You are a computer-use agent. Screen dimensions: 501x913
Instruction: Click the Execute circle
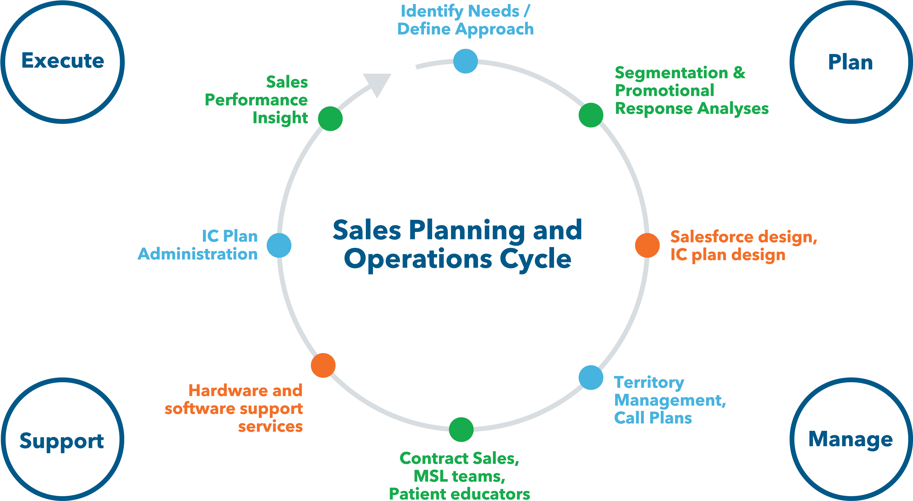[x=63, y=62]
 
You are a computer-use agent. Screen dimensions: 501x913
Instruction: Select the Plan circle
[x=851, y=62]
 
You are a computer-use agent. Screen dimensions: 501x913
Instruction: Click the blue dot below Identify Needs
[x=465, y=61]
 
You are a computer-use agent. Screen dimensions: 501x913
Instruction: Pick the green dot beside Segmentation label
[x=591, y=115]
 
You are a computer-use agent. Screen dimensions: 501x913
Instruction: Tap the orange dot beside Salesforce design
[x=647, y=245]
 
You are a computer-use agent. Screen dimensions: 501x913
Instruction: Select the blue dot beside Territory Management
[x=591, y=378]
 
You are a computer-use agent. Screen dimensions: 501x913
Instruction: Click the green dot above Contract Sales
[x=461, y=429]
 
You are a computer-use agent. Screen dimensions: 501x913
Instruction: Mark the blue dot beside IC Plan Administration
[x=279, y=245]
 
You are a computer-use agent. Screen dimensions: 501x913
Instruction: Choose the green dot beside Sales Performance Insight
[x=330, y=118]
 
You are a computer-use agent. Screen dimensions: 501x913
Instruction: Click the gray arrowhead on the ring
[x=379, y=84]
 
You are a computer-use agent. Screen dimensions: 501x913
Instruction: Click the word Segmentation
[x=671, y=73]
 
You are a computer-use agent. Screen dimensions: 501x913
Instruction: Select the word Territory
[x=649, y=383]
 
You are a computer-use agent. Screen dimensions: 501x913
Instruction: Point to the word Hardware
[x=227, y=391]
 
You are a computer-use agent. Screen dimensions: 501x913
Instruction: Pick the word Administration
[x=197, y=254]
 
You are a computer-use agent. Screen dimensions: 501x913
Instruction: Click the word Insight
[x=280, y=118]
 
